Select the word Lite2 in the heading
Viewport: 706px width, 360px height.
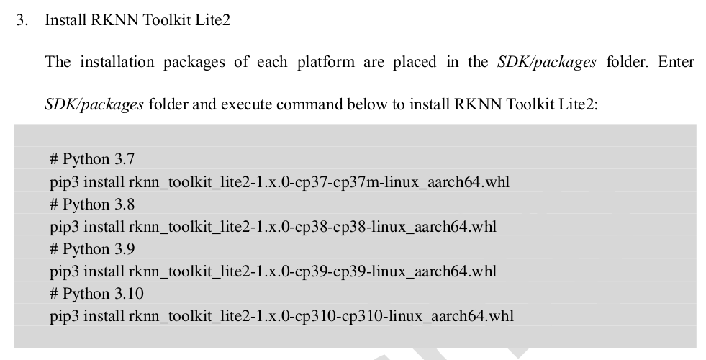point(212,20)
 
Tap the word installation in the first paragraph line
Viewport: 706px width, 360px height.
point(117,62)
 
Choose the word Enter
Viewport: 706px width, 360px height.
point(676,62)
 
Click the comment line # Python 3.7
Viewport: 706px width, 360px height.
point(92,159)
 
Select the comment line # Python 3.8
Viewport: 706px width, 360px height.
point(92,204)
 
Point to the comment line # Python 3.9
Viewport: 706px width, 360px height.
point(92,249)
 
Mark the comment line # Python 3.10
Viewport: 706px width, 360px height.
point(96,294)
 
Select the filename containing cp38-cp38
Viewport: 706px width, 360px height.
point(312,227)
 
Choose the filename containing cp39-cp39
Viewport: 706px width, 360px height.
point(312,271)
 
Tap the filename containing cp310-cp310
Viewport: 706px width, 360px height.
point(321,316)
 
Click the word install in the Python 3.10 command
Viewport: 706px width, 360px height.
point(104,316)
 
